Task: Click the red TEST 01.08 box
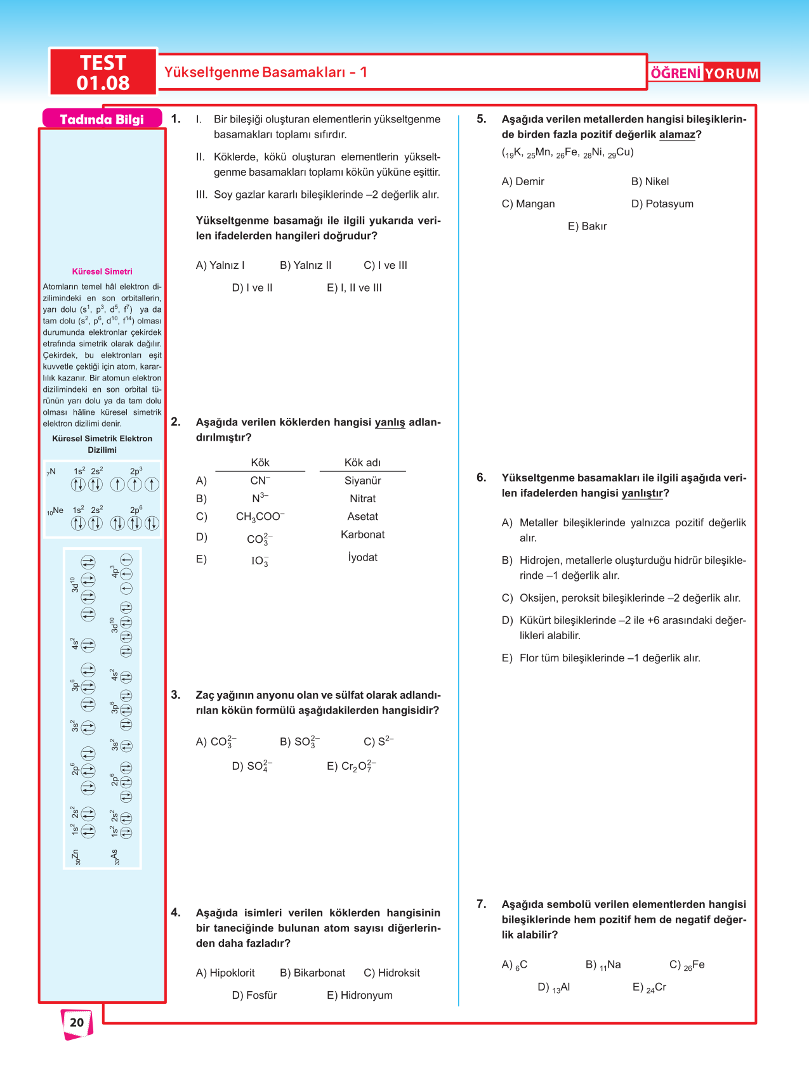click(103, 72)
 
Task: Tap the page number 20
click(77, 1022)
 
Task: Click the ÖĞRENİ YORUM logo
click(704, 73)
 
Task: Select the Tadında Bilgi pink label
click(102, 119)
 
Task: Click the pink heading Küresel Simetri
click(102, 271)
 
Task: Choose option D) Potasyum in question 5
click(662, 204)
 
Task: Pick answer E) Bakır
click(587, 226)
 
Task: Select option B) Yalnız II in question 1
click(305, 265)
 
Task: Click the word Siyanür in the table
click(362, 481)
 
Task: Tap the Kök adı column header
click(362, 463)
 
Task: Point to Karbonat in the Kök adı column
click(362, 535)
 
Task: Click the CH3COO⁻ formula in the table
click(260, 517)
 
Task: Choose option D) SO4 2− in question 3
click(252, 766)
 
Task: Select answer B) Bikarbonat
click(312, 973)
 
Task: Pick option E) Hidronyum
click(359, 995)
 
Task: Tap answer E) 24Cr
click(649, 987)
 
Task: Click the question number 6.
click(482, 477)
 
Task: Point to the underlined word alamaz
click(677, 134)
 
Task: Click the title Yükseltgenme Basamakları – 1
click(266, 72)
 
